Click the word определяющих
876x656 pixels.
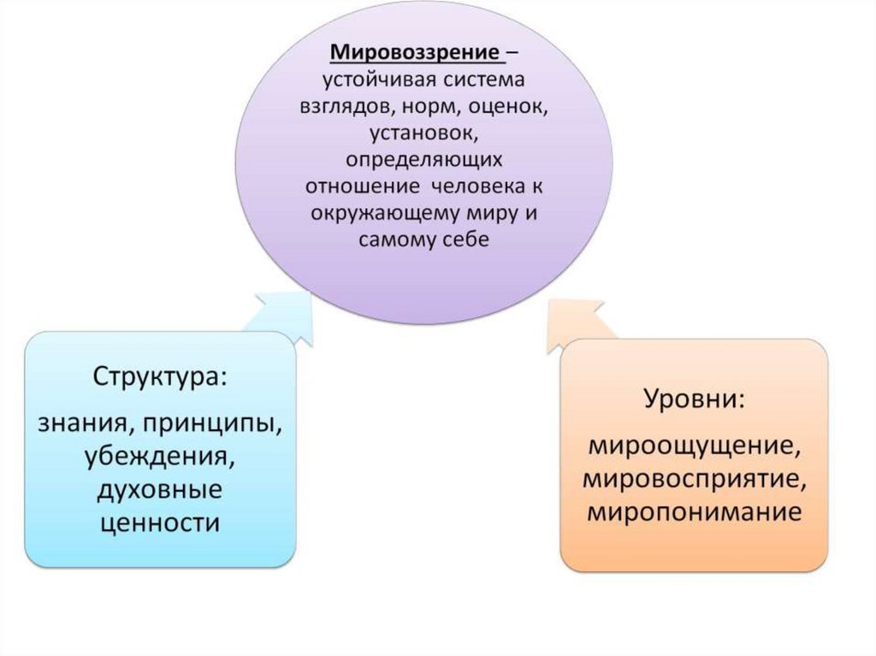tap(423, 160)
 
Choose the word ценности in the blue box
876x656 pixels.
tap(160, 522)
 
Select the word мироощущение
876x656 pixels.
tap(693, 446)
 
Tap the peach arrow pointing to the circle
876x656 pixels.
tap(575, 323)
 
